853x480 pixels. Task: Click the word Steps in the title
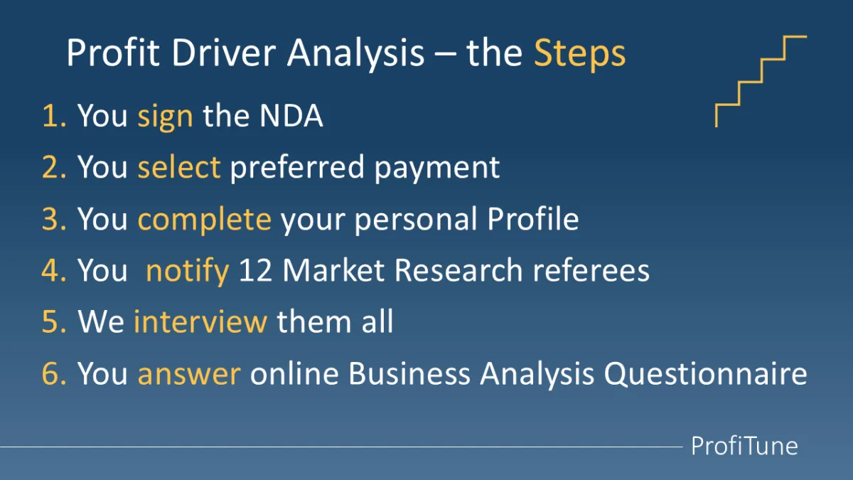click(579, 54)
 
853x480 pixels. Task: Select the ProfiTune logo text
click(744, 446)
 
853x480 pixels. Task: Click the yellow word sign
click(165, 116)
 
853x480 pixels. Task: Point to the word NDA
click(291, 115)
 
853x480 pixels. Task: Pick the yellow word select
click(179, 166)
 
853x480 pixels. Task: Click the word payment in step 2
click(436, 169)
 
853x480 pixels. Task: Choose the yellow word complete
click(205, 219)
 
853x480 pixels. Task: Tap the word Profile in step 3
click(533, 218)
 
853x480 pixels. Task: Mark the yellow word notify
click(188, 271)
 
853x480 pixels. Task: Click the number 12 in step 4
click(255, 270)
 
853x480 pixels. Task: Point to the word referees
click(591, 270)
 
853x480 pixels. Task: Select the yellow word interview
click(200, 321)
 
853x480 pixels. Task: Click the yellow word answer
click(189, 374)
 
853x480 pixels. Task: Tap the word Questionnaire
click(705, 374)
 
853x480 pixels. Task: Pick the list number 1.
click(54, 115)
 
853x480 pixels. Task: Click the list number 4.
click(54, 270)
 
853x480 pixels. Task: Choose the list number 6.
click(54, 373)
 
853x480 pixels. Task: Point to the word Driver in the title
click(224, 53)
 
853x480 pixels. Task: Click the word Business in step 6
click(409, 373)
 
